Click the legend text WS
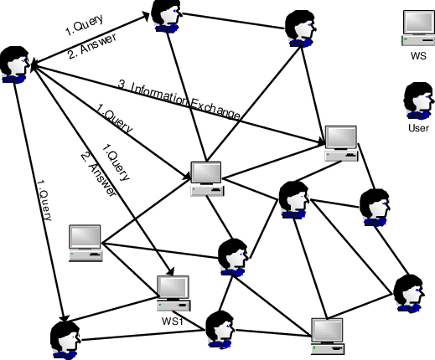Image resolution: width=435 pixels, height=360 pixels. (x=418, y=56)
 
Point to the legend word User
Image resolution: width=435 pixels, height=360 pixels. (x=417, y=128)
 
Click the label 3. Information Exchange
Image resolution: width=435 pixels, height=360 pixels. (x=179, y=98)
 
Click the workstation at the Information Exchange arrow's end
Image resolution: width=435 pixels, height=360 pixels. (x=341, y=142)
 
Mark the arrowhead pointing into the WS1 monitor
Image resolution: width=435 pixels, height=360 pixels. (x=171, y=274)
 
